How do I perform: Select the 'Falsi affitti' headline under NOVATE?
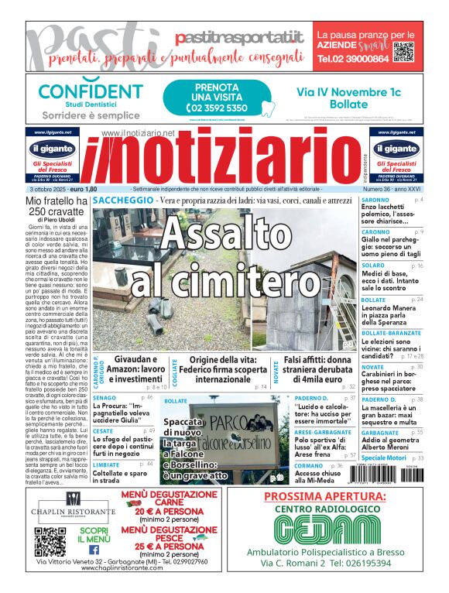(319, 366)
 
